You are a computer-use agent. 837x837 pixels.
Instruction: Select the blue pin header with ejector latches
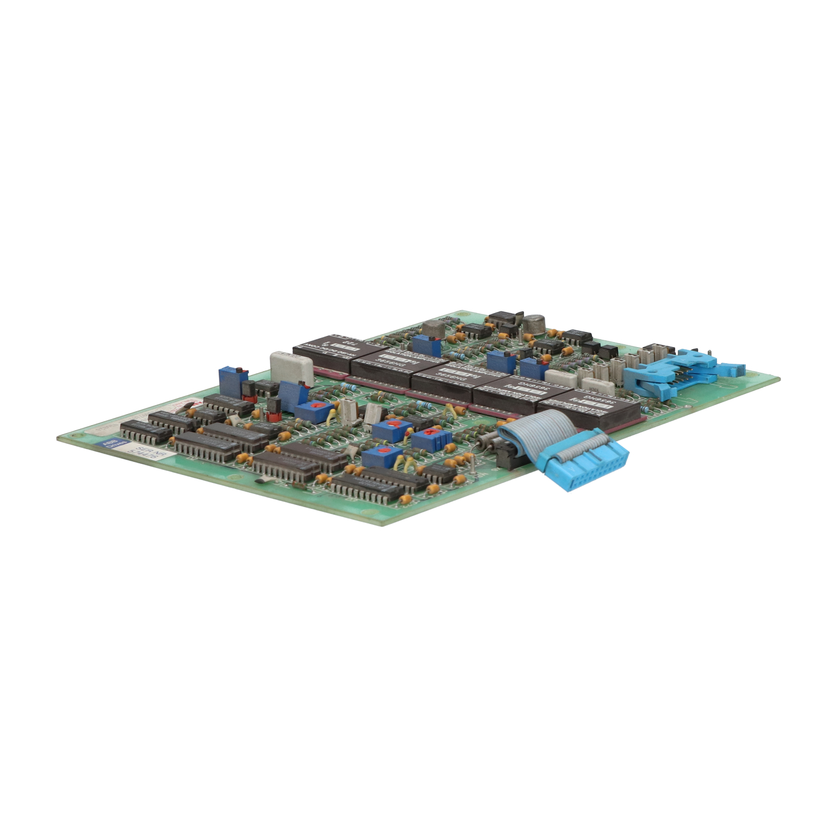click(678, 371)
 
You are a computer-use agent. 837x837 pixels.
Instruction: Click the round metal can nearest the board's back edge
click(533, 322)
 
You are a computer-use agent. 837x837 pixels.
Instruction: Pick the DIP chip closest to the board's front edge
click(368, 486)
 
